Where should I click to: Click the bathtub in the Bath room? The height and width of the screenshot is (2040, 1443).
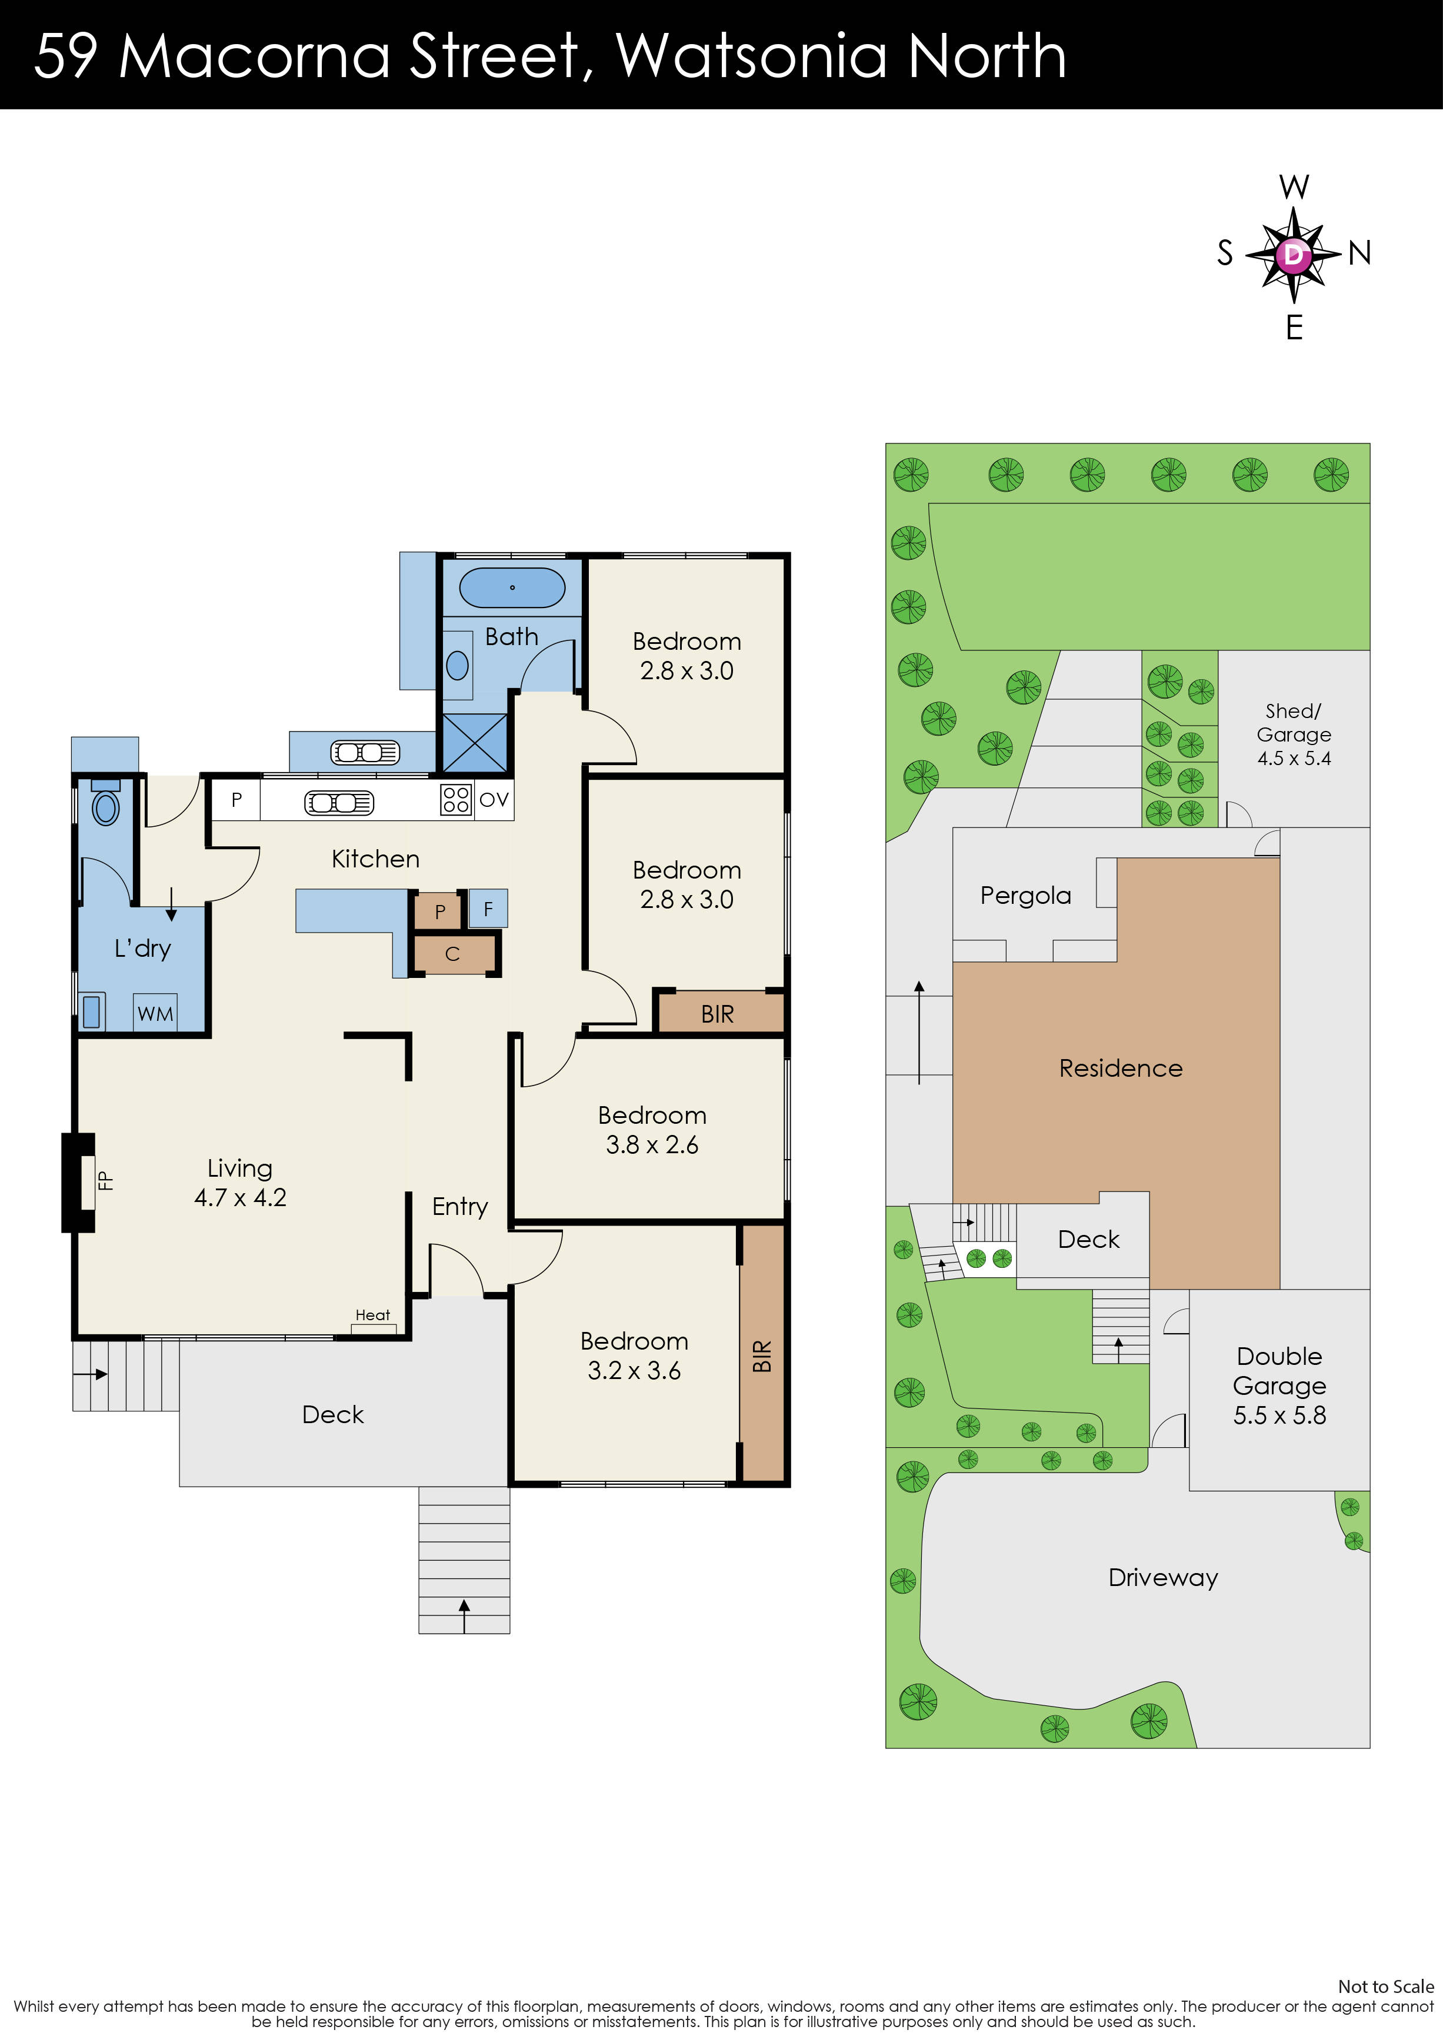pyautogui.click(x=512, y=588)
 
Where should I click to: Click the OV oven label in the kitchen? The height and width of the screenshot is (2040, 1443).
pyautogui.click(x=494, y=800)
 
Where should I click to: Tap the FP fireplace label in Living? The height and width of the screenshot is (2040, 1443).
pyautogui.click(x=105, y=1181)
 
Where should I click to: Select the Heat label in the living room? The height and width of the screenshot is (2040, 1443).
pyautogui.click(x=372, y=1315)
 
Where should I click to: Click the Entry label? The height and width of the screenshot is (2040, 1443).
pyautogui.click(x=459, y=1207)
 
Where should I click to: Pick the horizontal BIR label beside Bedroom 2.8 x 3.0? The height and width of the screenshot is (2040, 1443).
pyautogui.click(x=717, y=1014)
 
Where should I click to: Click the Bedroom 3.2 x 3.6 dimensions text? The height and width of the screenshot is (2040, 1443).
pyautogui.click(x=634, y=1371)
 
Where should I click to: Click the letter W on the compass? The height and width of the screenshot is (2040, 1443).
pyautogui.click(x=1294, y=188)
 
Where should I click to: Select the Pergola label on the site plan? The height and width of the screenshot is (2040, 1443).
pyautogui.click(x=1025, y=896)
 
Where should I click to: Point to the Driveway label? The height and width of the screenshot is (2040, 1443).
pyautogui.click(x=1162, y=1578)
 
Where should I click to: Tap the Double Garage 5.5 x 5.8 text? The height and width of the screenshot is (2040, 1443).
pyautogui.click(x=1279, y=1386)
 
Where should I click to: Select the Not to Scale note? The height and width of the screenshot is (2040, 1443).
pyautogui.click(x=1385, y=1986)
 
